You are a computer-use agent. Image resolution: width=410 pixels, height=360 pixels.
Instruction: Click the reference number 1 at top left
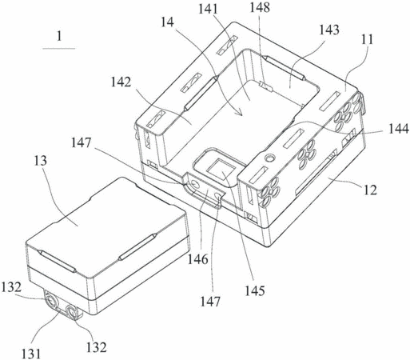59,36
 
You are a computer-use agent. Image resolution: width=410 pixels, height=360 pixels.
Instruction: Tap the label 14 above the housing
167,22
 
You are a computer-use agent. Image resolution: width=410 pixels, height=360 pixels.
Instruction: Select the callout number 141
208,10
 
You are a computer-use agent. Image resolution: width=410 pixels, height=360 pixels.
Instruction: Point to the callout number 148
260,8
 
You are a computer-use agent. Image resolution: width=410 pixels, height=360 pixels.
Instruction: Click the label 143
329,30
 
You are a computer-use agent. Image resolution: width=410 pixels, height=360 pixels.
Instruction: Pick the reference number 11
368,39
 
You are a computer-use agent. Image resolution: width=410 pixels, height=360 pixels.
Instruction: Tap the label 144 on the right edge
399,129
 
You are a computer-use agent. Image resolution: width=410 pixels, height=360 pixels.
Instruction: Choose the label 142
121,82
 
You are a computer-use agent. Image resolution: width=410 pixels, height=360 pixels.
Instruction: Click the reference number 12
370,190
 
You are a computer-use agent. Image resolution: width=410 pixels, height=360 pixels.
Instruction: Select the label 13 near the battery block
41,161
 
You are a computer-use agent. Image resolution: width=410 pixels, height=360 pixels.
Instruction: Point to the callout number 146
198,259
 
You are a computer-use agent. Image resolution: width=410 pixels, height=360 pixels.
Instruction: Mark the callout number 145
255,290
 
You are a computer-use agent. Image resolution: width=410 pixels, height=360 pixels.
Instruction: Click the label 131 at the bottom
31,354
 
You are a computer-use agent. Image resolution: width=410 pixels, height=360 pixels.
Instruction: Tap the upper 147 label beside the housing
81,143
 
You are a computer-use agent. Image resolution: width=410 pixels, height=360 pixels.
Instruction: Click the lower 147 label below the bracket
210,302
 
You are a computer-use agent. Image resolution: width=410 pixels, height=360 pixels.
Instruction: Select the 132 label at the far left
11,287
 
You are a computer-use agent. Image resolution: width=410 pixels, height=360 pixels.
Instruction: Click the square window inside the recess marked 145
221,169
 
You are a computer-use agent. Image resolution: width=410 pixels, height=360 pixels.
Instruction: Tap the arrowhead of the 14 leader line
241,114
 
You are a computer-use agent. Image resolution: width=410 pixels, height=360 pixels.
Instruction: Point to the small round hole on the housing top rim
270,158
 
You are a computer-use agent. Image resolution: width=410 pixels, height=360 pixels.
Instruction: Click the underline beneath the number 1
59,49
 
